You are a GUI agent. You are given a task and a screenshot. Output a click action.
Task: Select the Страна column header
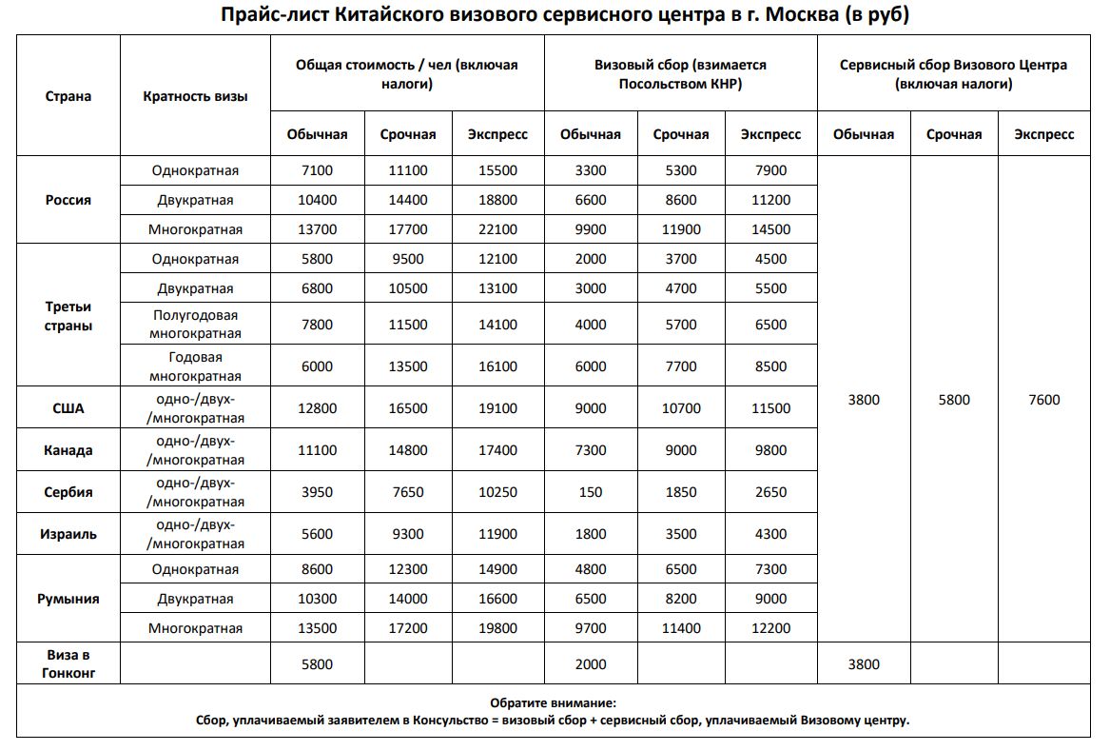pyautogui.click(x=68, y=96)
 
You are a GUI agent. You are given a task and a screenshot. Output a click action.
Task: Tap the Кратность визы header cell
pyautogui.click(x=195, y=96)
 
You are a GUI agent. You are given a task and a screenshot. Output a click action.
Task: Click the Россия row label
pyautogui.click(x=68, y=200)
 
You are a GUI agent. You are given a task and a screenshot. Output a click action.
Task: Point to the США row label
pyautogui.click(x=68, y=408)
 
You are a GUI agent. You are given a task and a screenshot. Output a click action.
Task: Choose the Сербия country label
pyautogui.click(x=68, y=492)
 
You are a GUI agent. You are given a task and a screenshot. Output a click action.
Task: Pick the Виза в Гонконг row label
pyautogui.click(x=68, y=663)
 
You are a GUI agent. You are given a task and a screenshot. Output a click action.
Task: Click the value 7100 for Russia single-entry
pyautogui.click(x=317, y=170)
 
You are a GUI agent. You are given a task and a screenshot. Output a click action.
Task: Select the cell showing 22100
pyautogui.click(x=497, y=229)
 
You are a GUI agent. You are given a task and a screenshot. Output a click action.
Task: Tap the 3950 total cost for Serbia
pyautogui.click(x=317, y=492)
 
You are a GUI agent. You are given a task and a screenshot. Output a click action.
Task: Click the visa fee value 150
pyautogui.click(x=590, y=492)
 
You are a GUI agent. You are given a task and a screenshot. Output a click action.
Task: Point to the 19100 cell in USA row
pyautogui.click(x=497, y=408)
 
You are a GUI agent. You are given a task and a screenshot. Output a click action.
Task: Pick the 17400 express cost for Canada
pyautogui.click(x=497, y=450)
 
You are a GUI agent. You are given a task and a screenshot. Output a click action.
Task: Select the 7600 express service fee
pyautogui.click(x=1043, y=400)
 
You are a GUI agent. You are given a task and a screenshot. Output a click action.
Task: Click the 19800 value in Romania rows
pyautogui.click(x=497, y=628)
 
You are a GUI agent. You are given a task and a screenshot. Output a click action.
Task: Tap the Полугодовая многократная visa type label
pyautogui.click(x=195, y=325)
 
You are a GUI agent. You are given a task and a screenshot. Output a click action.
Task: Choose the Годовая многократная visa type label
pyautogui.click(x=195, y=366)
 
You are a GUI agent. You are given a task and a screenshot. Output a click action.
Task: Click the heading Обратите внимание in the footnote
pyautogui.click(x=553, y=702)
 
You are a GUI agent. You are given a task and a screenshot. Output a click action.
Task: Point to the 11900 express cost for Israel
pyautogui.click(x=497, y=534)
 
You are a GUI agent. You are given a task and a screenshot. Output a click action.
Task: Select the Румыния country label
pyautogui.click(x=68, y=599)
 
